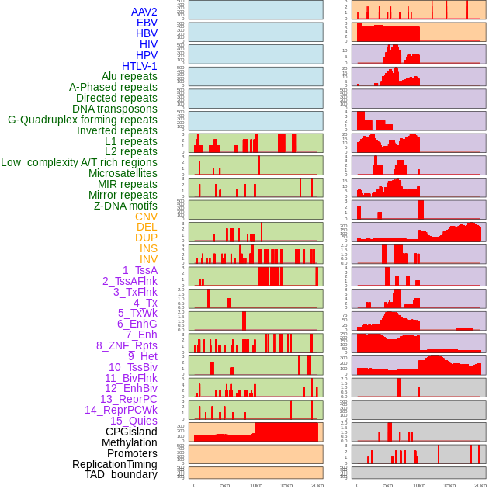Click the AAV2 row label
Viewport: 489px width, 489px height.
pyautogui.click(x=144, y=12)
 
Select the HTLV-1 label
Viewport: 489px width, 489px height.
pyautogui.click(x=140, y=66)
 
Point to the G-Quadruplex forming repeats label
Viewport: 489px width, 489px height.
pyautogui.click(x=82, y=120)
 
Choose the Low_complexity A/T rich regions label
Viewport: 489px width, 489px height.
pyautogui.click(x=79, y=162)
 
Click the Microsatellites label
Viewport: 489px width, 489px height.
pyautogui.click(x=123, y=173)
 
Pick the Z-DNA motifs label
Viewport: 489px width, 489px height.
pyautogui.click(x=126, y=206)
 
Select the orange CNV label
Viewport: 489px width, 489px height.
pyautogui.click(x=146, y=217)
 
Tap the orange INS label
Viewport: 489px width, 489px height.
pyautogui.click(x=148, y=248)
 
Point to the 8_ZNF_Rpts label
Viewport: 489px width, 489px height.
pyautogui.click(x=127, y=345)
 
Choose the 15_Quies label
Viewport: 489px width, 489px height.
pyautogui.click(x=134, y=421)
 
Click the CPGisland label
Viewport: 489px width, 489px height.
pyautogui.click(x=131, y=432)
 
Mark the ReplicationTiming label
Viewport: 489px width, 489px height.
pyautogui.click(x=115, y=464)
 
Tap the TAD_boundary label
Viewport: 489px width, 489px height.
pyautogui.click(x=121, y=474)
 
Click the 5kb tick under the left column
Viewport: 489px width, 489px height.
pyautogui.click(x=225, y=486)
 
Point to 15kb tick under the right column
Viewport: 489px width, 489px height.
pyautogui.click(x=449, y=486)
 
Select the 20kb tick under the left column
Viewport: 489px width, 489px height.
pyautogui.click(x=317, y=486)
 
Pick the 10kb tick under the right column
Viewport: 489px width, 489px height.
pyautogui.click(x=419, y=486)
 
